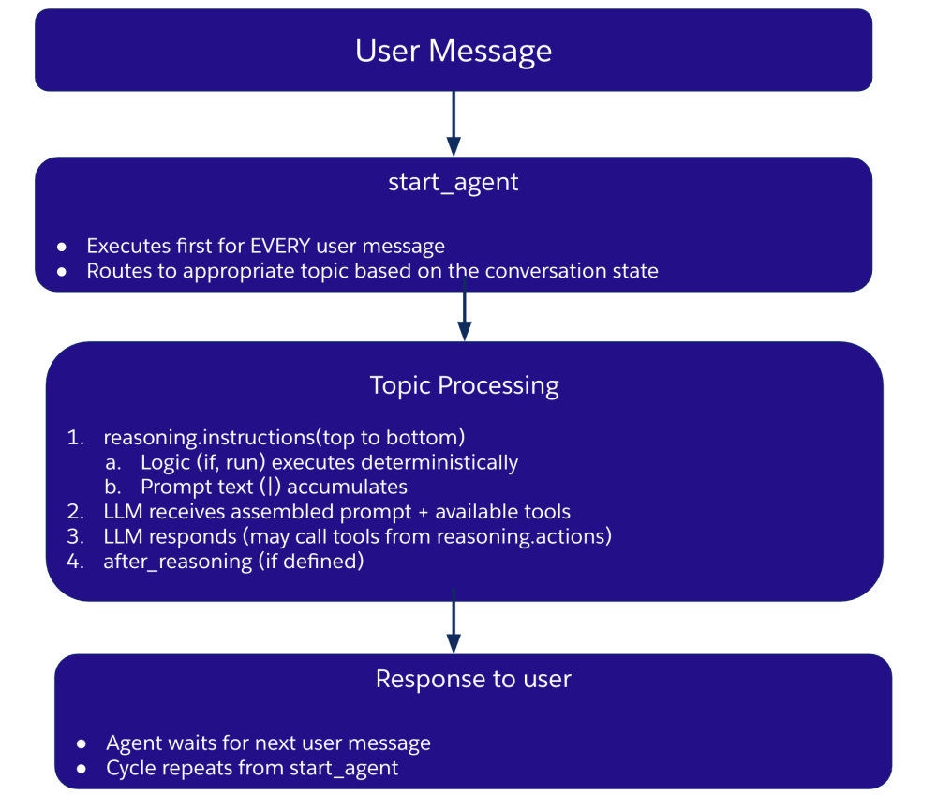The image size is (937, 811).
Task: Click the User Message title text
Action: (x=454, y=51)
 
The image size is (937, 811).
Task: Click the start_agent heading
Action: (x=454, y=182)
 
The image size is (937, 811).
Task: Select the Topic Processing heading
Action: (x=464, y=385)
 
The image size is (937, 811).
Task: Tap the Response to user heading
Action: (x=473, y=679)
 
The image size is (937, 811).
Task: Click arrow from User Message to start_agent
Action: (x=454, y=123)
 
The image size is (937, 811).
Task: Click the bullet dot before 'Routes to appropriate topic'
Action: (x=62, y=272)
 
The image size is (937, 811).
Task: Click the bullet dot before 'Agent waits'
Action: (x=82, y=743)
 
